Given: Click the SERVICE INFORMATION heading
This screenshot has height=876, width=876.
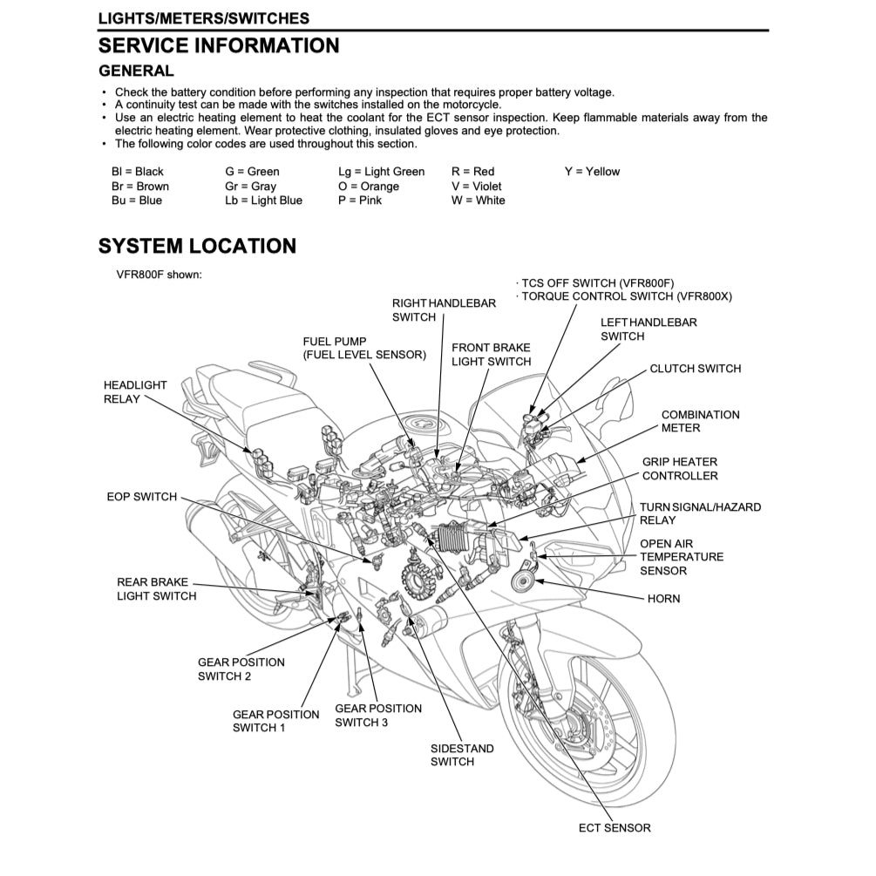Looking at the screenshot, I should click(219, 45).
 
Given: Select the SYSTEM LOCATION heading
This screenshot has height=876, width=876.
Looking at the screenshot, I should click(197, 247).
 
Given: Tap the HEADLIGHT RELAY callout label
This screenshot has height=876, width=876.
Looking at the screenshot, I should click(135, 392).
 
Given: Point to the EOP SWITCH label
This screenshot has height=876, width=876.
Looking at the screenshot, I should click(141, 497).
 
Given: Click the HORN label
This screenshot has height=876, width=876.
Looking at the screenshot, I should click(663, 600).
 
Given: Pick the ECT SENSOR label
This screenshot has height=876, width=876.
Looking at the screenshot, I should click(614, 828).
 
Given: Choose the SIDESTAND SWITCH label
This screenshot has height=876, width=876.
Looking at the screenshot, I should click(462, 755).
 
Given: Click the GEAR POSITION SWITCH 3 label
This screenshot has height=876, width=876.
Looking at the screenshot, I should click(377, 716).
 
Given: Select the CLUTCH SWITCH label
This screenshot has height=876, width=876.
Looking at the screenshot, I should click(695, 369).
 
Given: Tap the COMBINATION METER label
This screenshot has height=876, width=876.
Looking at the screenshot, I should click(700, 422).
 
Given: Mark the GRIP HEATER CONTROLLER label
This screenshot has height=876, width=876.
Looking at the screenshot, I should click(680, 469).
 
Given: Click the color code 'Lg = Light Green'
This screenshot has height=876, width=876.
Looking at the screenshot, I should click(381, 172).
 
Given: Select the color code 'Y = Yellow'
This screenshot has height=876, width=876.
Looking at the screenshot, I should click(592, 172).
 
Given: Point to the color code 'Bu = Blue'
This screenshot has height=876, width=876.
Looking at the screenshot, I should click(136, 200).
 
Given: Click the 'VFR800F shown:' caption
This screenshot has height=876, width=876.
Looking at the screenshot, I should click(160, 275).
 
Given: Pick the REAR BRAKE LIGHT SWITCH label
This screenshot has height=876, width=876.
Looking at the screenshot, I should click(156, 589).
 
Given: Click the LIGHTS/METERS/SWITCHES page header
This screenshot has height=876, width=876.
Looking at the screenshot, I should click(203, 17).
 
